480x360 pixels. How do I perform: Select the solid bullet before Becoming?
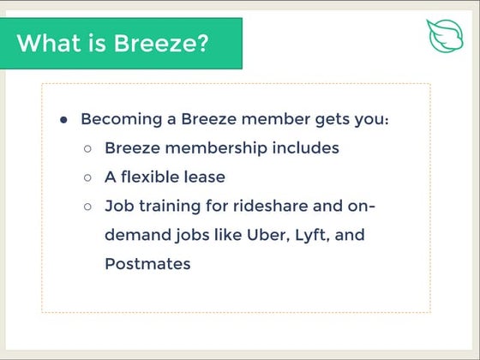[x=63, y=119]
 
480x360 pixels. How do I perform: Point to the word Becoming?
[x=120, y=119]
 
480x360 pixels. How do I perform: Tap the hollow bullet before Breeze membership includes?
[x=88, y=148]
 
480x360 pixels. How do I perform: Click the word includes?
[x=306, y=148]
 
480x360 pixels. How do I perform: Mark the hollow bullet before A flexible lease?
[x=88, y=177]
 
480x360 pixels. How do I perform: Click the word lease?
[x=206, y=177]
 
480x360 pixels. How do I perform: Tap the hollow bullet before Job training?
[x=88, y=207]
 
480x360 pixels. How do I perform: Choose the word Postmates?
[x=147, y=264]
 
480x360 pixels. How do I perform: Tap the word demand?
[x=134, y=236]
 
